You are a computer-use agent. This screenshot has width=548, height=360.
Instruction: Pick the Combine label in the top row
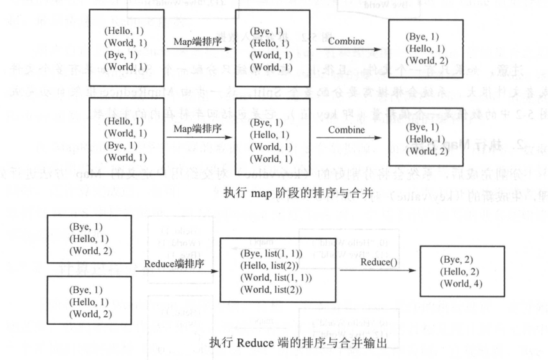[347, 42]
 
